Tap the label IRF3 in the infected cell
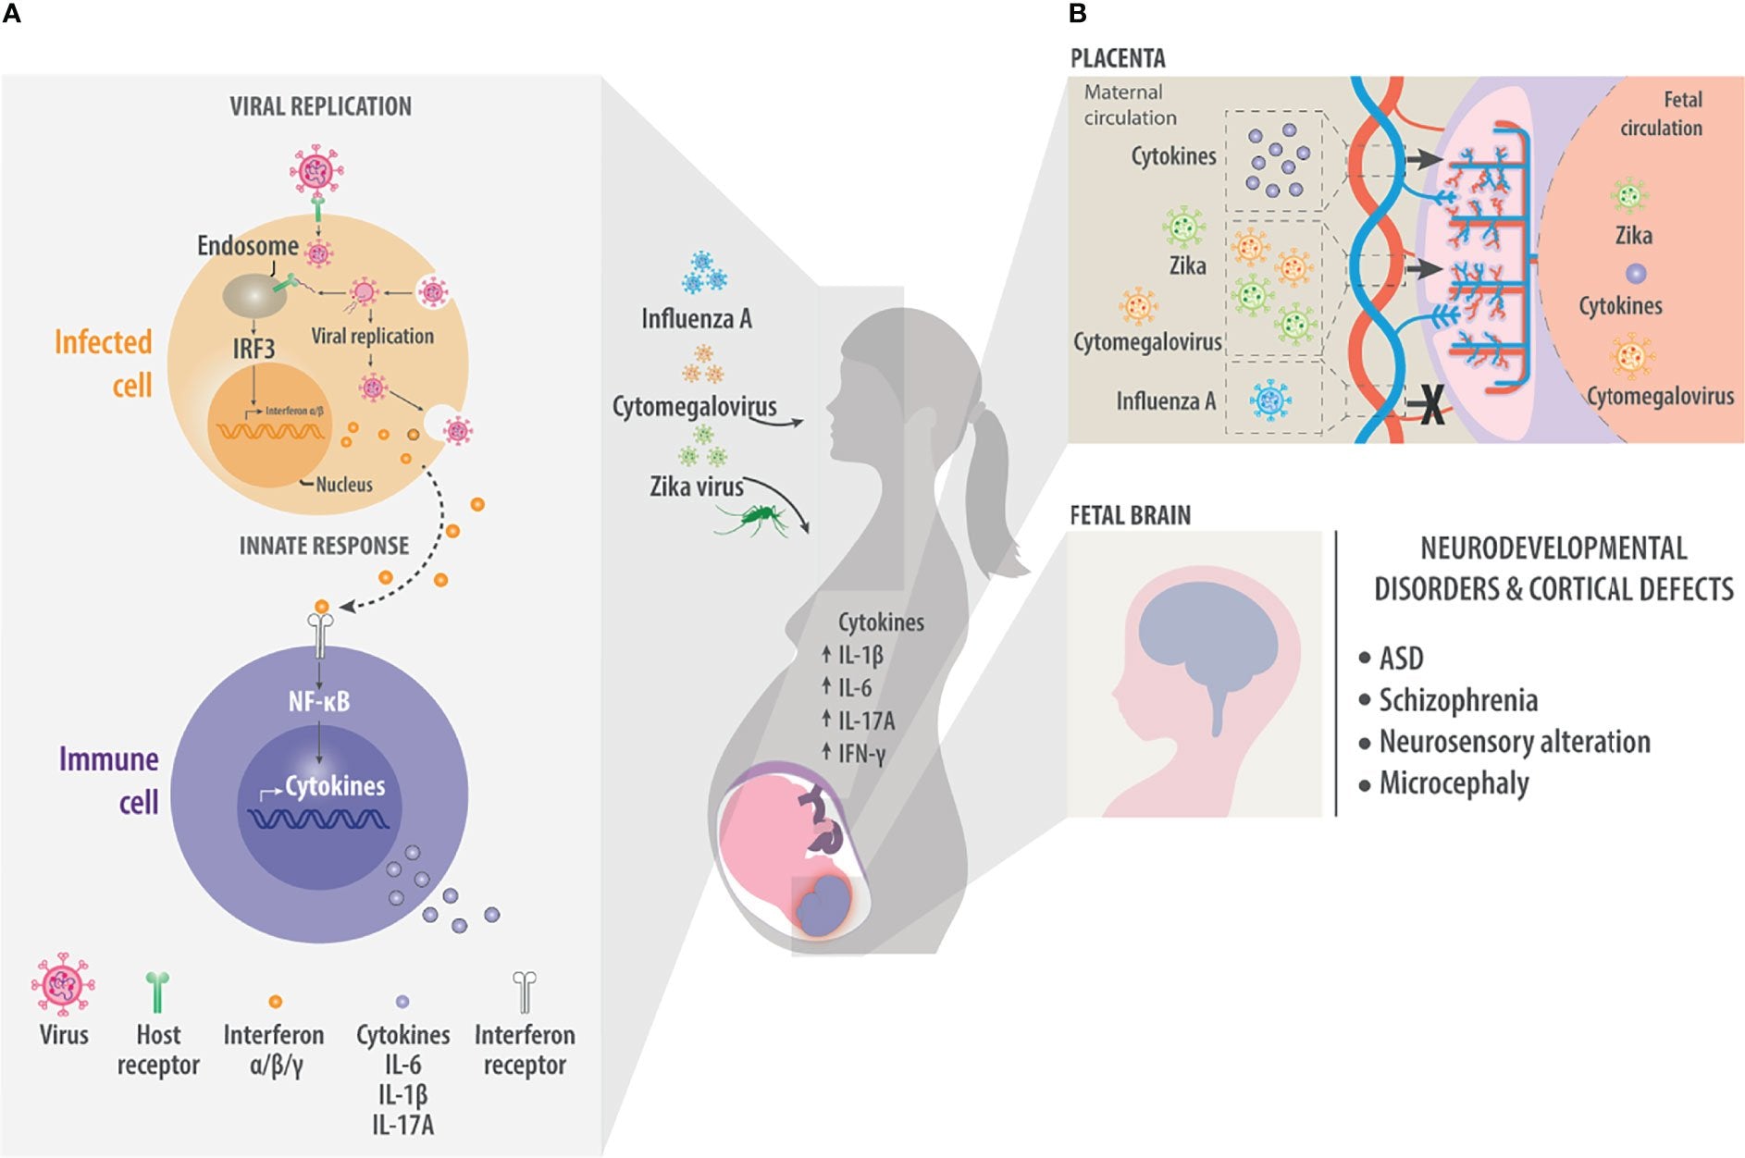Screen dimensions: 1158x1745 tap(254, 349)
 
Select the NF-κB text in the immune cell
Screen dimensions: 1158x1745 tap(319, 702)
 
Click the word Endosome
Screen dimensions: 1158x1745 tap(247, 246)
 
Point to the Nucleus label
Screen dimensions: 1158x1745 tap(343, 485)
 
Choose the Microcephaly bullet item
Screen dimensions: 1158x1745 tap(1454, 783)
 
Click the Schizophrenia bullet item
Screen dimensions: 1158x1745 tap(1458, 700)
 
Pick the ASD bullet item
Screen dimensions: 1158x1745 tap(1401, 659)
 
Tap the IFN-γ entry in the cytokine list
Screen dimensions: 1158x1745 tap(861, 754)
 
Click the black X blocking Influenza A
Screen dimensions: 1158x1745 tap(1431, 404)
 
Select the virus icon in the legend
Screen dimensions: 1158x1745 tap(63, 984)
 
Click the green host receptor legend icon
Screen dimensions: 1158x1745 tap(158, 992)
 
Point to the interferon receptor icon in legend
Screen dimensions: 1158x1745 tap(525, 992)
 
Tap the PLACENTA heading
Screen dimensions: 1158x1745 tap(1118, 58)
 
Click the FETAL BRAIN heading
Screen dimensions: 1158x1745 tap(1130, 515)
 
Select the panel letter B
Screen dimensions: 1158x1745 tap(1077, 13)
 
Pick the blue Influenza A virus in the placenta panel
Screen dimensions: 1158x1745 tap(1270, 400)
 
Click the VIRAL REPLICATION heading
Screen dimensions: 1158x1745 tap(320, 106)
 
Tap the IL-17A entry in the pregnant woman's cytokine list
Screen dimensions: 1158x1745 tap(866, 721)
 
